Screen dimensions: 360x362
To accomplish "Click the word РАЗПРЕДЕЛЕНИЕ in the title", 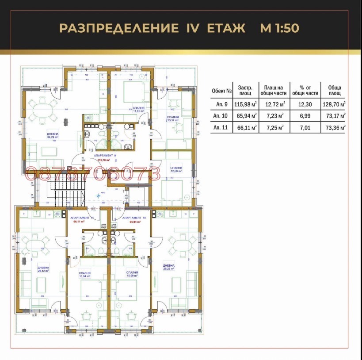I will coord(117,28).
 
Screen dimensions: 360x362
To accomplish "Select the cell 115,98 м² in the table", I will coord(245,104).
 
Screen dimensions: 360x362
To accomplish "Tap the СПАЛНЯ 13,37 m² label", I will coord(172,119).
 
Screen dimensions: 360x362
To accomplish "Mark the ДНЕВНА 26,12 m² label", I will coord(43,270).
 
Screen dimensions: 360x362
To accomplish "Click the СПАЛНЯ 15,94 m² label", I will coord(84,275).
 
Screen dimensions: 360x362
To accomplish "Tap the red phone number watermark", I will coord(93,174).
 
